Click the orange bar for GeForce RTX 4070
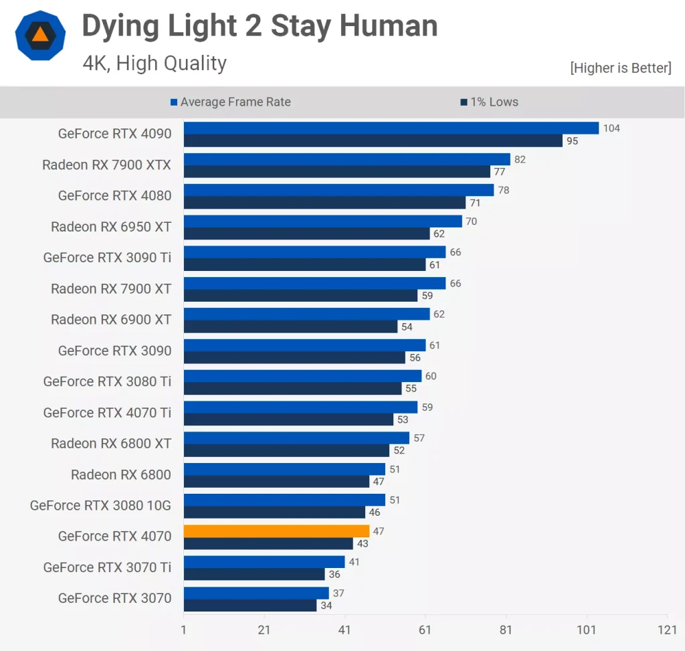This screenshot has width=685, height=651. pos(276,531)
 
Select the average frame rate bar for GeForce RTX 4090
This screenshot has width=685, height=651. pos(391,128)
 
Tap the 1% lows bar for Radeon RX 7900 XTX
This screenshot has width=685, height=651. pos(337,171)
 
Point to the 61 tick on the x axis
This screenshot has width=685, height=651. pos(425,630)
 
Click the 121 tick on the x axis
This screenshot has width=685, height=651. pos(666,630)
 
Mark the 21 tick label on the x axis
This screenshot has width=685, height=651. pos(264,630)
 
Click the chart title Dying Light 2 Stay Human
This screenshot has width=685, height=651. pos(260,27)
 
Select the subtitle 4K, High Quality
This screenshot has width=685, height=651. pos(155,64)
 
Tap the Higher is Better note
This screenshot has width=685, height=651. pos(620,68)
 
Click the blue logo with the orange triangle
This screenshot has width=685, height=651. pos(40,35)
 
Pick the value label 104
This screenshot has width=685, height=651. pos(611,128)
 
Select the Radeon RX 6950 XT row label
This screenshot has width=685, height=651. pos(111,227)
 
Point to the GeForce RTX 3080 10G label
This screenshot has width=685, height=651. pos(100,505)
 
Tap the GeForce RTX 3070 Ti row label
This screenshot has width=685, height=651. pos(107,567)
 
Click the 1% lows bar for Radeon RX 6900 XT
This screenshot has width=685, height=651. pos(290,327)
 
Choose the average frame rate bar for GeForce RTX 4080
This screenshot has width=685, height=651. pos(338,190)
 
